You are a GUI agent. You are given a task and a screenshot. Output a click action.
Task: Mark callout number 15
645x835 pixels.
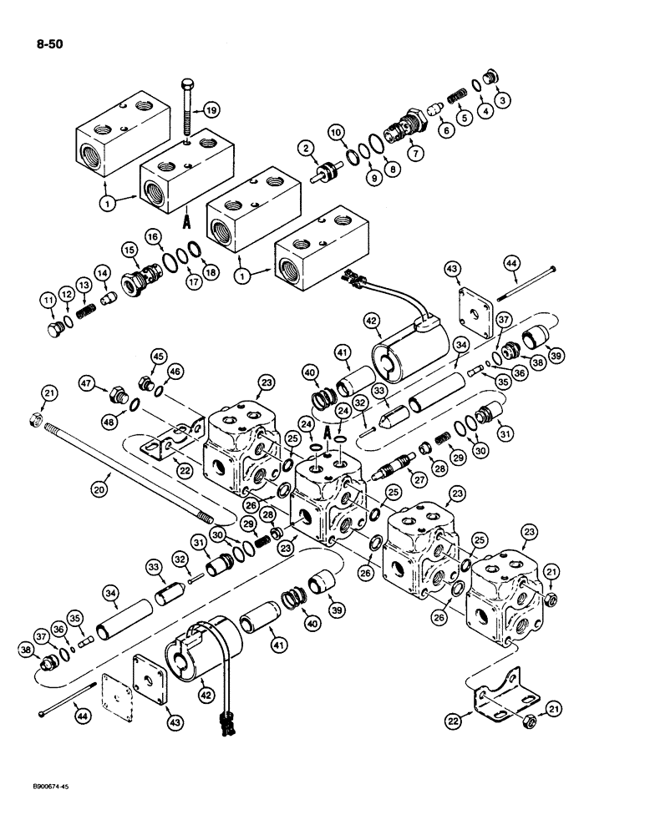coord(130,250)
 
